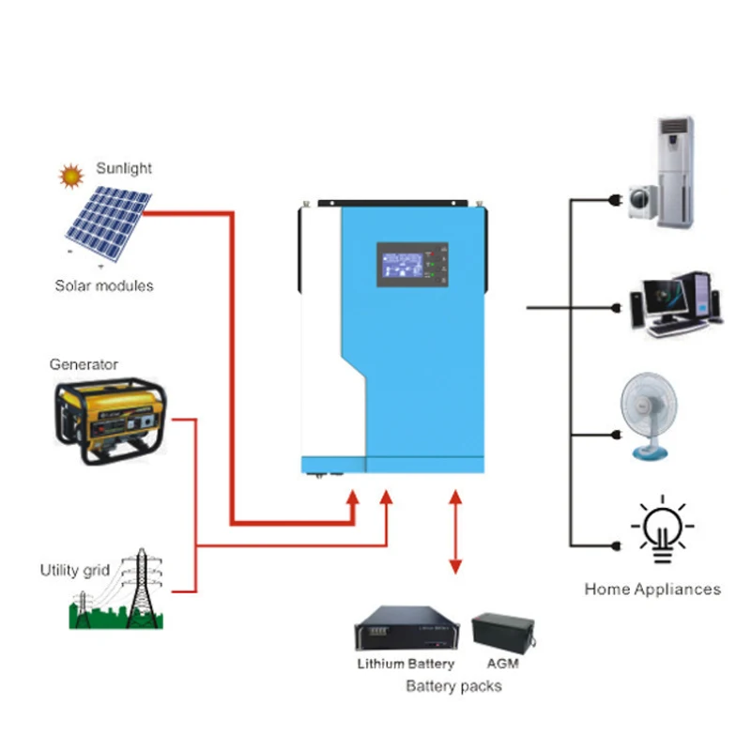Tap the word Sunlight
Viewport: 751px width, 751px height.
[x=124, y=169]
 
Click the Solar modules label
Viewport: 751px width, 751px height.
[x=103, y=285]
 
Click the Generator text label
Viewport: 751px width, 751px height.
[x=84, y=364]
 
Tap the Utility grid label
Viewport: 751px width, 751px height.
[x=75, y=570]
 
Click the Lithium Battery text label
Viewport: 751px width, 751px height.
[x=406, y=664]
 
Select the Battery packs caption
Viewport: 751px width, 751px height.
[x=453, y=686]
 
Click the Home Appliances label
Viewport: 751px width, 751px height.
[x=652, y=590]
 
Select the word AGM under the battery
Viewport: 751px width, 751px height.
[x=503, y=664]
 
